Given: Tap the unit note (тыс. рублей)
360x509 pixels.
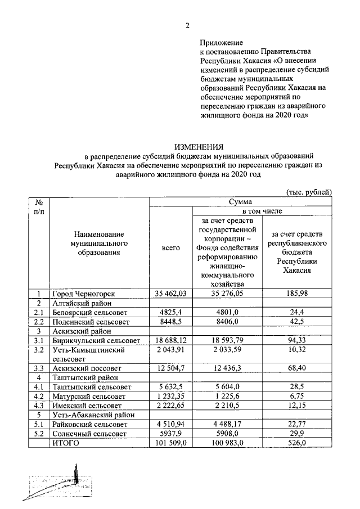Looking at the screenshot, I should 309,192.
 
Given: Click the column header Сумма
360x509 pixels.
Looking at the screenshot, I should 241,201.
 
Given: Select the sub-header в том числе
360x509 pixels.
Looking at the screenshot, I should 263,210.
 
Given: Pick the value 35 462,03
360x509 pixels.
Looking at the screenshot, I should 170,294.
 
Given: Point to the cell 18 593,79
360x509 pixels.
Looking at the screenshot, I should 227,340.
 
